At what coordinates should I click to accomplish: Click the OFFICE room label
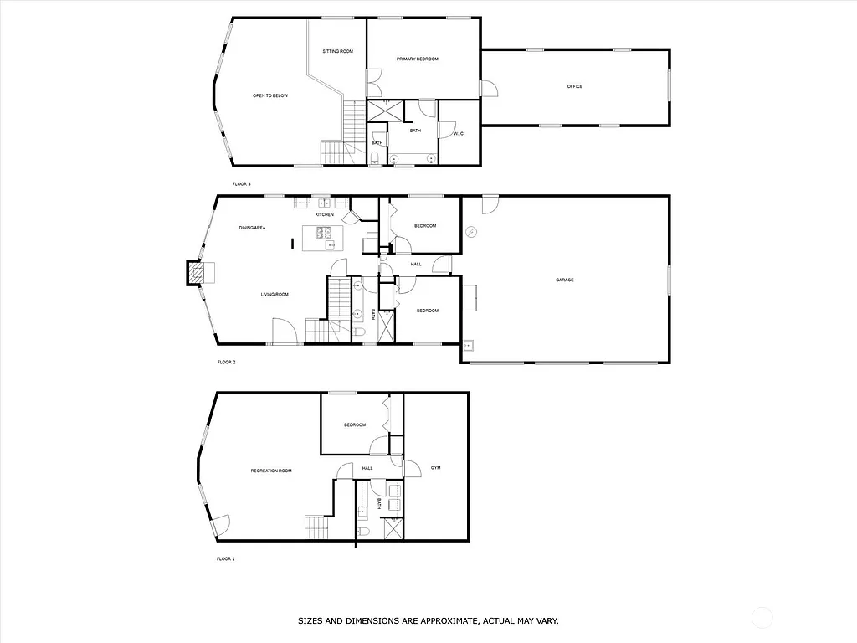574,86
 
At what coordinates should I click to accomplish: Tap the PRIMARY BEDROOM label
417,59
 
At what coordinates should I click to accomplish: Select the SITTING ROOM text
337,52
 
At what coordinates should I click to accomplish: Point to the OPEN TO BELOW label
270,96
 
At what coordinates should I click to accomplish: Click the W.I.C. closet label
459,134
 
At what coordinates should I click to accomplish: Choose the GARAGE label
565,280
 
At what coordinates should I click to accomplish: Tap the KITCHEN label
325,215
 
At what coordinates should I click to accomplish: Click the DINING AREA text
252,228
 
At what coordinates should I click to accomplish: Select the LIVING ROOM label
275,294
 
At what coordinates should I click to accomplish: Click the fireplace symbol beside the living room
195,273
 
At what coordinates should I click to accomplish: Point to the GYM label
435,467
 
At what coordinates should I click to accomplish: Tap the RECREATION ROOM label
271,471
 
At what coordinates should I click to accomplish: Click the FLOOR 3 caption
241,183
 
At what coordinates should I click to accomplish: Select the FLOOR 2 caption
226,363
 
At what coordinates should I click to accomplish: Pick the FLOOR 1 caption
225,558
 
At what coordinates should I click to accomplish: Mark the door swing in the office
489,88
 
